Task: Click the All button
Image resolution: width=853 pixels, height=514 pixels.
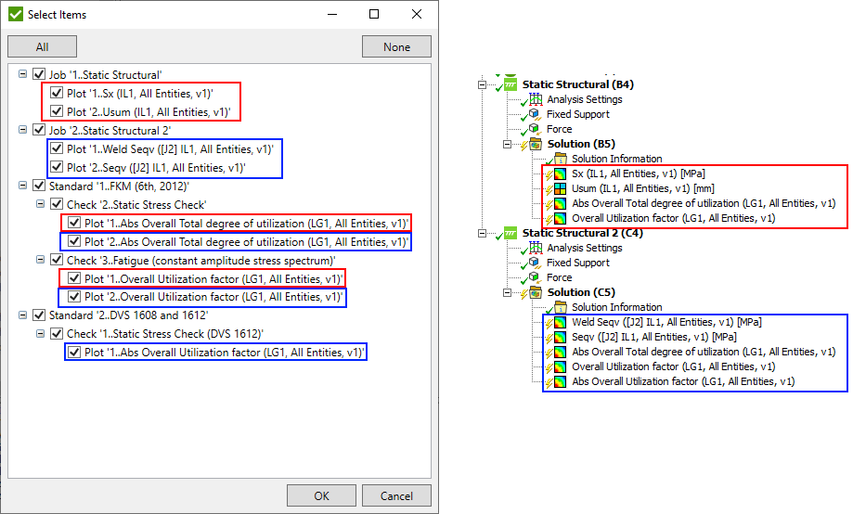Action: click(x=42, y=47)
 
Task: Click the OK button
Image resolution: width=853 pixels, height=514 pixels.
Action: click(x=321, y=495)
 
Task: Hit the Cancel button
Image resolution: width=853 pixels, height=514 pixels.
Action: click(x=396, y=495)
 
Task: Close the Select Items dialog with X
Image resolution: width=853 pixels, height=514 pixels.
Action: click(x=418, y=15)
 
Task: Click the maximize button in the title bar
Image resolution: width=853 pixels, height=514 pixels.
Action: click(x=374, y=15)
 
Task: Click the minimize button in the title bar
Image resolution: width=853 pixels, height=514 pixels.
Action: click(x=330, y=15)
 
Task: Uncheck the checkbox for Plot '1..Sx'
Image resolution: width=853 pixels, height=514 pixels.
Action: click(x=57, y=94)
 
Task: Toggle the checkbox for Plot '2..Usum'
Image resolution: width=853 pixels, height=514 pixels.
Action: click(x=57, y=111)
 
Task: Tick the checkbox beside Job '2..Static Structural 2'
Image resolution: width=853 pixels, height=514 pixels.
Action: click(x=39, y=130)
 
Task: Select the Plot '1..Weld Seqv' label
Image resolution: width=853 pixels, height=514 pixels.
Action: click(x=169, y=148)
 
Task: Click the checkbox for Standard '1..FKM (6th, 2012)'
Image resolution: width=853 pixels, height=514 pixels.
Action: click(x=39, y=186)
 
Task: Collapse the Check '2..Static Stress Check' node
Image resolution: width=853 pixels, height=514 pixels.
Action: click(x=40, y=204)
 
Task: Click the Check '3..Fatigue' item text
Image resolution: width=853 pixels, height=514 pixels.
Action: click(x=200, y=260)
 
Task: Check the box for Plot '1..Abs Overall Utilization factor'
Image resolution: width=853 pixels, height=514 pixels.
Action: click(x=73, y=353)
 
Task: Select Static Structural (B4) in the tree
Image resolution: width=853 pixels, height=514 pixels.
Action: click(x=577, y=84)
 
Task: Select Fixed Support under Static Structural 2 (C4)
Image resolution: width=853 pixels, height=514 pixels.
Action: click(x=577, y=263)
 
